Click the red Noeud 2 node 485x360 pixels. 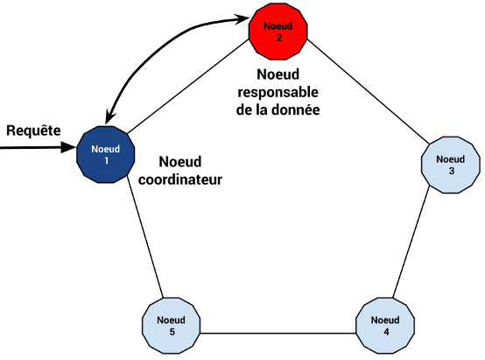click(278, 32)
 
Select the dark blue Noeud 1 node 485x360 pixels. click(105, 154)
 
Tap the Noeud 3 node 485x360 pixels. click(451, 165)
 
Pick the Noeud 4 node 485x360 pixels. click(385, 326)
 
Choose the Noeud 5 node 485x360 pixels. click(171, 326)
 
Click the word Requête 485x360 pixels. click(33, 131)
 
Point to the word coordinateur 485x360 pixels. click(180, 180)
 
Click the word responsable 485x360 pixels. click(278, 92)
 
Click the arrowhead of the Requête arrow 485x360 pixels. click(68, 147)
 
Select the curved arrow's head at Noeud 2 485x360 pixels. click(242, 19)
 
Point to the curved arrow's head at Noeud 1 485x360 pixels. click(109, 117)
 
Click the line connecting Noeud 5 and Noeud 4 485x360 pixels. click(278, 334)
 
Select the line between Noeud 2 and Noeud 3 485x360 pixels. click(368, 92)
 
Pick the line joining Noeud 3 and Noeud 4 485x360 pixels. click(411, 242)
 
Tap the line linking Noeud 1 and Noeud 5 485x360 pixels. click(144, 236)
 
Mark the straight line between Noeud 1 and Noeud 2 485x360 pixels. click(188, 87)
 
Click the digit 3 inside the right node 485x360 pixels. click(451, 171)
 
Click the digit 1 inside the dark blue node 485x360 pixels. click(107, 160)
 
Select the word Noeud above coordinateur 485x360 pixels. click(180, 161)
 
